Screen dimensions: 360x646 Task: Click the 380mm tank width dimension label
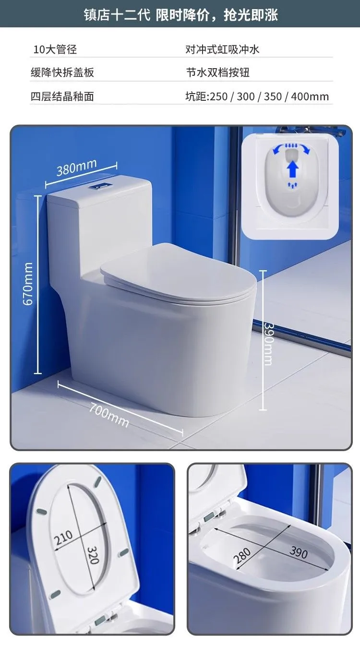point(76,167)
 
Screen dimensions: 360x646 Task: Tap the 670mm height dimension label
point(28,284)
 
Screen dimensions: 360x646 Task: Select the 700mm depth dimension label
point(109,416)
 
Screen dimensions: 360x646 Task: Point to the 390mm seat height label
point(268,344)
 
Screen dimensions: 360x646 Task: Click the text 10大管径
point(55,49)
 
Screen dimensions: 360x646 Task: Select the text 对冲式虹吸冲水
point(222,49)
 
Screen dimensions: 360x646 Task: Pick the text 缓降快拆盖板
point(62,72)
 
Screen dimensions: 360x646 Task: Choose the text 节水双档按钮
point(218,72)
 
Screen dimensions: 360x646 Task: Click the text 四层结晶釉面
point(62,96)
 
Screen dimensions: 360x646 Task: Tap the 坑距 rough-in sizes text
point(257,96)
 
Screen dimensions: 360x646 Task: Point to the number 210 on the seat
point(64,538)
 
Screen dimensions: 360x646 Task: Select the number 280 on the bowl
point(242,555)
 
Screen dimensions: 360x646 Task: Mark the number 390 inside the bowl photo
point(299,552)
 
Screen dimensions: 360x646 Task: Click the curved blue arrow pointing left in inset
point(278,149)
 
